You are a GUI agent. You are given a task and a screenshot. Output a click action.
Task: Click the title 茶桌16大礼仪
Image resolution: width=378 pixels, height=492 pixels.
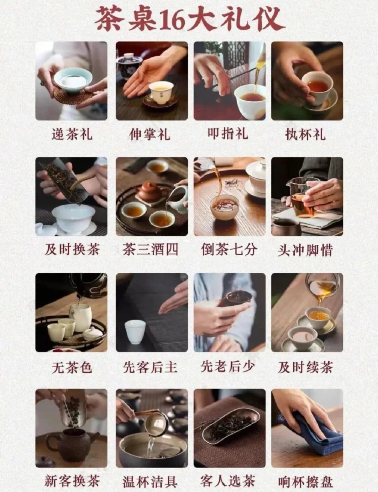(189, 19)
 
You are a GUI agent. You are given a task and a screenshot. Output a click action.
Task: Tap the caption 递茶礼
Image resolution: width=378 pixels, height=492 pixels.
(71, 134)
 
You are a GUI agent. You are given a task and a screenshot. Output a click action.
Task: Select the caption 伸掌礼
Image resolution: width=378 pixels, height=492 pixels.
(150, 134)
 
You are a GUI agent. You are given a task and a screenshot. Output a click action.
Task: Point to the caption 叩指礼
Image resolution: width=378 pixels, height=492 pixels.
(227, 134)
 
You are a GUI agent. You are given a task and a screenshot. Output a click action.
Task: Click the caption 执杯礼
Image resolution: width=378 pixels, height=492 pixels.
(306, 134)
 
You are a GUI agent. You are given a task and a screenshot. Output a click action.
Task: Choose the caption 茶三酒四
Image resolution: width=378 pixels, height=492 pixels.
(150, 250)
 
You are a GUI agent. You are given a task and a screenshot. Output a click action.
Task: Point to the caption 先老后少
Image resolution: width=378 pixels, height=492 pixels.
(227, 367)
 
